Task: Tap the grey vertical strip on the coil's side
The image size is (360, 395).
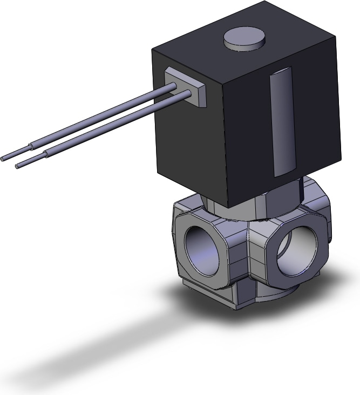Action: point(282,122)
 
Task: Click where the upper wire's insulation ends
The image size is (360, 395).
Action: point(31,146)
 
